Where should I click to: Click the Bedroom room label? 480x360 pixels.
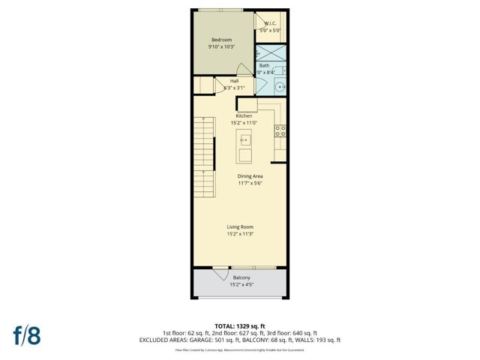click(x=221, y=40)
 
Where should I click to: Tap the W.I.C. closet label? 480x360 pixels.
click(x=270, y=24)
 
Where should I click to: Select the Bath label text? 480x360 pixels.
click(x=264, y=65)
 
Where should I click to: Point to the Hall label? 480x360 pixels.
click(x=234, y=81)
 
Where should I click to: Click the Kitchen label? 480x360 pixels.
click(x=244, y=116)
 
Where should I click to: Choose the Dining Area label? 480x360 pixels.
click(x=250, y=176)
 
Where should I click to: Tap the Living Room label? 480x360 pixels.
click(x=240, y=226)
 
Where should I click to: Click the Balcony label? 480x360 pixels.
click(x=240, y=278)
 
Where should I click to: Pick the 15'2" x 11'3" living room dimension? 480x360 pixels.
click(x=240, y=234)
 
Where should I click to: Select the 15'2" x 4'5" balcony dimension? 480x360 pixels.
click(x=240, y=285)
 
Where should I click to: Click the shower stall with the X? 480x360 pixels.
click(x=271, y=53)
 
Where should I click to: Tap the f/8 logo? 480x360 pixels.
click(x=25, y=334)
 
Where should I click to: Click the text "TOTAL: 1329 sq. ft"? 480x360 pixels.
click(x=239, y=326)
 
